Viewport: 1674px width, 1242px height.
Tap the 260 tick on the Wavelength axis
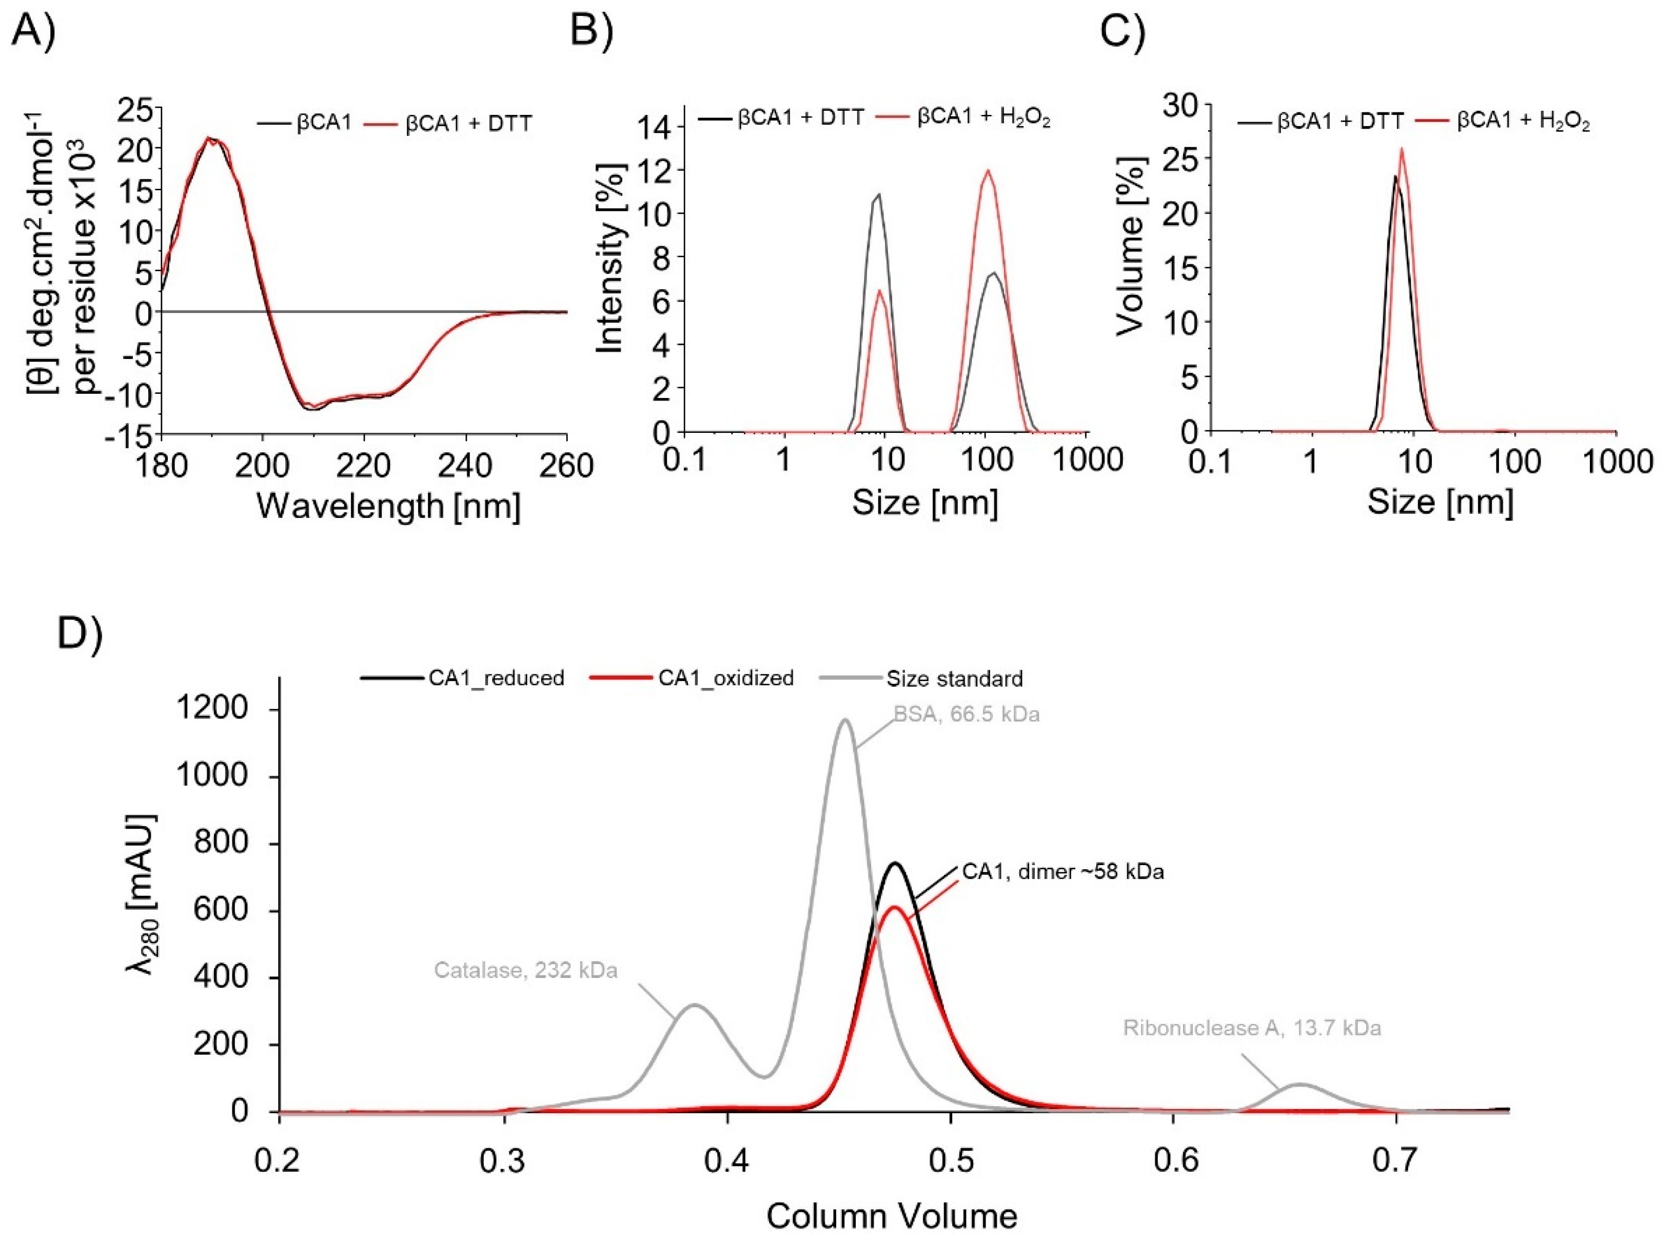[x=566, y=466]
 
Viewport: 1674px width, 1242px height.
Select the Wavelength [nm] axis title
[x=388, y=507]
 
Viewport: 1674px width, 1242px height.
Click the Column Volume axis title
[x=892, y=1216]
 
